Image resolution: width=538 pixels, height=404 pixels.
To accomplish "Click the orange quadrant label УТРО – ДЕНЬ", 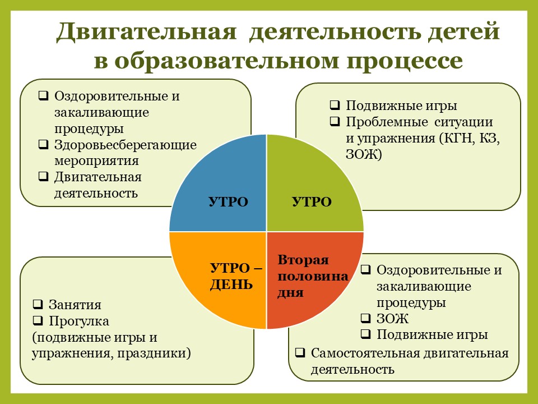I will click(235, 276).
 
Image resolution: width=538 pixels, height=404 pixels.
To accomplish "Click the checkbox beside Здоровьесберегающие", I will click(43, 145).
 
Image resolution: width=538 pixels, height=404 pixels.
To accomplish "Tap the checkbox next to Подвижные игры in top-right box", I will click(335, 105).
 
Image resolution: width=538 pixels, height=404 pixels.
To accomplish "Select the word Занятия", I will click(75, 305).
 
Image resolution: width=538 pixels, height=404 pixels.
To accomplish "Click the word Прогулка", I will click(78, 322).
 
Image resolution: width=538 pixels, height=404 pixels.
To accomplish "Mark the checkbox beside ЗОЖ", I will click(365, 319).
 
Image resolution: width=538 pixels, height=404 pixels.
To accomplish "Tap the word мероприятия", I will click(96, 160).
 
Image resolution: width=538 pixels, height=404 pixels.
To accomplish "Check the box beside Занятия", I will click(38, 305).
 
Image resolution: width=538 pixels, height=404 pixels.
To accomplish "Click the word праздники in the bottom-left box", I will click(157, 353).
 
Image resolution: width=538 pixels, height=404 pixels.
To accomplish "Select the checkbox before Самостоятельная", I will click(300, 353).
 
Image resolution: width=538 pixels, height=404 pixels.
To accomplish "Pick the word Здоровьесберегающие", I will click(125, 145).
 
